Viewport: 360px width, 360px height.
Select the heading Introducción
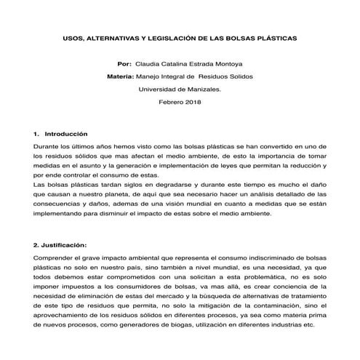pos(66,135)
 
